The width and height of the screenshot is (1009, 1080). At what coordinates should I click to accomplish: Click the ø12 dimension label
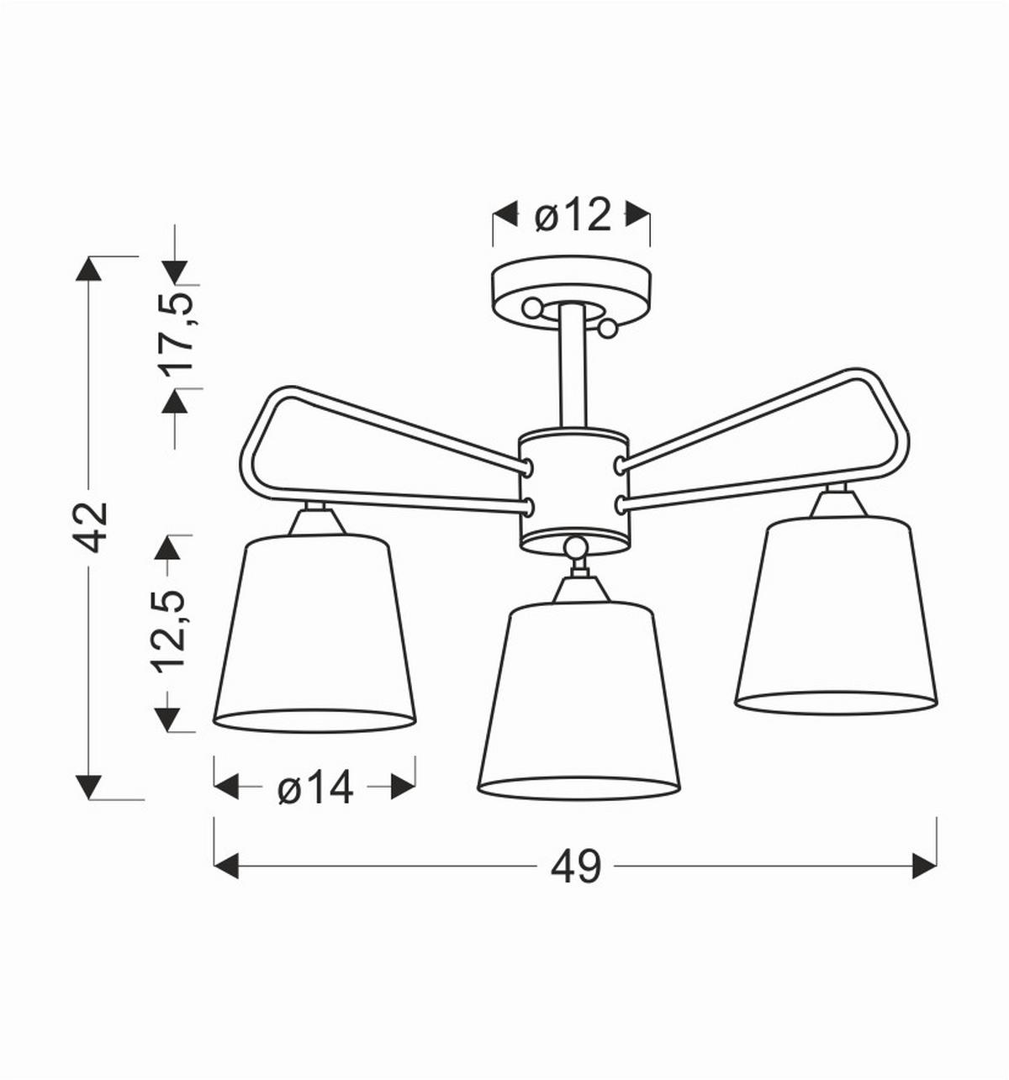pyautogui.click(x=572, y=216)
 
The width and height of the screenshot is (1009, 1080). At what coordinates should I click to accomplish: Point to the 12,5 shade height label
pyautogui.click(x=168, y=630)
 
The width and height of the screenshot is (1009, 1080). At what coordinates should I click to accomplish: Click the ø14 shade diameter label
pyautogui.click(x=315, y=788)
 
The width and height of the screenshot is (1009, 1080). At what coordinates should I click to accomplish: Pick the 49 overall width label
pyautogui.click(x=576, y=867)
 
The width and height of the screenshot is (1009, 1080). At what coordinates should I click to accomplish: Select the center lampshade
pyautogui.click(x=578, y=698)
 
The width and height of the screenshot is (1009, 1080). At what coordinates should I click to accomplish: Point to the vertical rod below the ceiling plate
pyautogui.click(x=573, y=366)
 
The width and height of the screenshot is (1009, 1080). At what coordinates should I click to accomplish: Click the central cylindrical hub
pyautogui.click(x=573, y=487)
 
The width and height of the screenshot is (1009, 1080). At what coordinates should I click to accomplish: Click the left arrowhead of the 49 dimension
pyautogui.click(x=226, y=866)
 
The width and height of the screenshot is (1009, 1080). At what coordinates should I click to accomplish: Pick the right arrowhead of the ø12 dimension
pyautogui.click(x=638, y=215)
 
